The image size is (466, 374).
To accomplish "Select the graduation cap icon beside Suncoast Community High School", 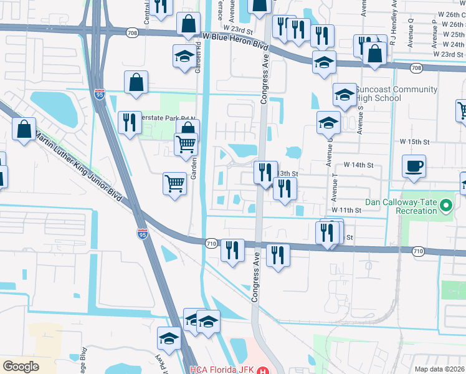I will (x=345, y=95).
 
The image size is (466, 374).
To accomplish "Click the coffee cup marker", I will (x=414, y=166).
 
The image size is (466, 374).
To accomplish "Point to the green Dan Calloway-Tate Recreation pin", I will (x=445, y=204).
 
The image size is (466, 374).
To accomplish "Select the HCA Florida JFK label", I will (x=222, y=370).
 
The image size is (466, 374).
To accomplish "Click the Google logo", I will (x=21, y=367).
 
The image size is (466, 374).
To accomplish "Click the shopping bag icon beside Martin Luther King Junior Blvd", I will (x=24, y=129).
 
